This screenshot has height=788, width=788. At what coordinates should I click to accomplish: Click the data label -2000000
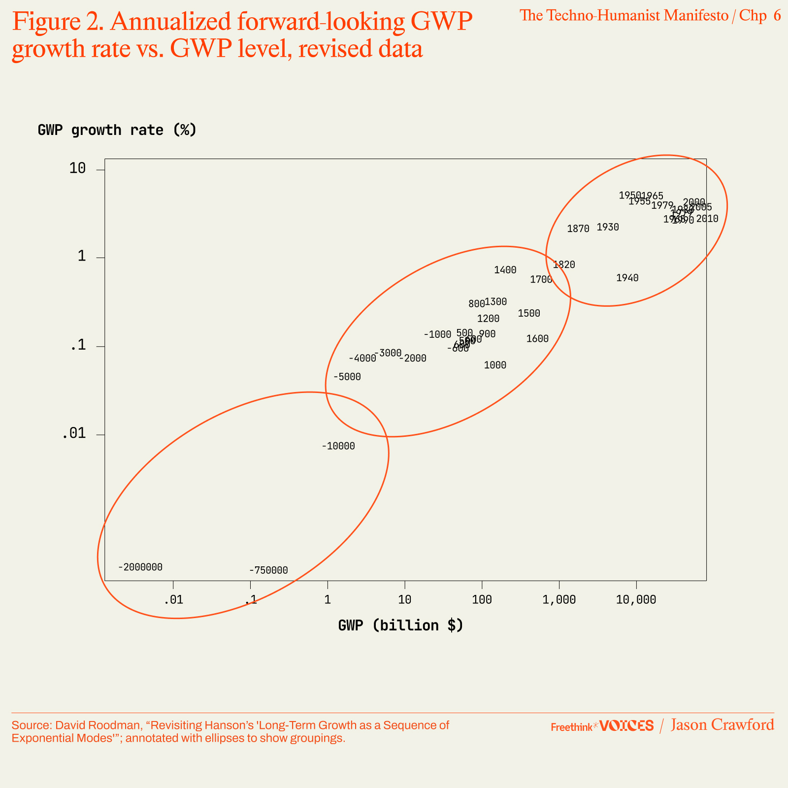[x=140, y=567]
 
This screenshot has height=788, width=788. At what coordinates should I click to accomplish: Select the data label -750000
[x=268, y=571]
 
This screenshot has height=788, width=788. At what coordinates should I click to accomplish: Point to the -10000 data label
[x=338, y=447]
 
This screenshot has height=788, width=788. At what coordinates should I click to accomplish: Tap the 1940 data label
[x=627, y=278]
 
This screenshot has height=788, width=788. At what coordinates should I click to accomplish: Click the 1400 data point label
[x=505, y=270]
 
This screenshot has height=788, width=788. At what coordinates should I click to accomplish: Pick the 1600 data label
[x=537, y=339]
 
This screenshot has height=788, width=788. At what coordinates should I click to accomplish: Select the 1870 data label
[x=578, y=229]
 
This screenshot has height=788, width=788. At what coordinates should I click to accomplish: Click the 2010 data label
[x=707, y=219]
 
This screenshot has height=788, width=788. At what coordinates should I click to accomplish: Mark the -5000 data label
[x=347, y=377]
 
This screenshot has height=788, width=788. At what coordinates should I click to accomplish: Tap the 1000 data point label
[x=495, y=365]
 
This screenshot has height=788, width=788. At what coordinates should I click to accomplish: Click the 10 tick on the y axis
[x=78, y=169]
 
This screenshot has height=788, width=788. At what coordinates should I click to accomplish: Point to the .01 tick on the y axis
[x=74, y=434]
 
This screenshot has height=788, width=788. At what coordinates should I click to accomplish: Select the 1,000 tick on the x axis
[x=559, y=600]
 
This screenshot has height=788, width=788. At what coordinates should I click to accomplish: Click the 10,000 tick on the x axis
[x=636, y=600]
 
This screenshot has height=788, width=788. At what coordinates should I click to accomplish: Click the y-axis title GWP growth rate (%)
[x=117, y=130]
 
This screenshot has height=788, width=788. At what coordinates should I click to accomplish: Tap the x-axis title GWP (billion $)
[x=400, y=625]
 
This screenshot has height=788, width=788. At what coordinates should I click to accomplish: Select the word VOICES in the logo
[x=627, y=726]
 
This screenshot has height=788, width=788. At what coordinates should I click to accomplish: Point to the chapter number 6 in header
[x=777, y=16]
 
